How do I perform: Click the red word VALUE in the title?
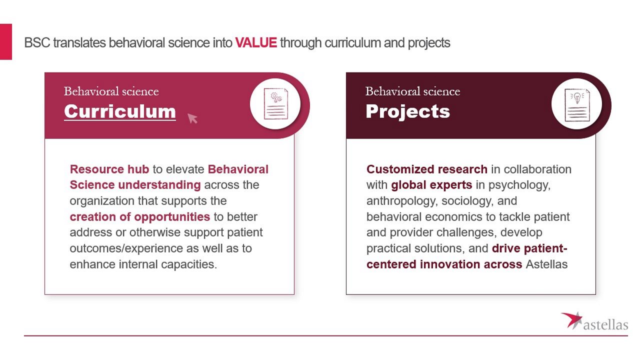tap(256, 43)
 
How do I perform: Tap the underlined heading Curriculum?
tap(119, 111)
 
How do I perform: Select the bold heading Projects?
tap(407, 111)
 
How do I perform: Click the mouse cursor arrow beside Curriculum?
tap(192, 118)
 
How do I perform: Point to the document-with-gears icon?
tap(275, 103)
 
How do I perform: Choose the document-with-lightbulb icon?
tap(577, 105)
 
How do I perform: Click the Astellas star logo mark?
tap(572, 320)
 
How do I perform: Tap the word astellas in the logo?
tap(605, 325)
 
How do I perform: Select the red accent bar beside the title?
tap(5, 41)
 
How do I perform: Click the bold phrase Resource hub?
tap(109, 169)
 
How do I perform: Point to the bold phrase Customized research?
tap(427, 169)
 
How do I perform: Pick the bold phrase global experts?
tap(431, 185)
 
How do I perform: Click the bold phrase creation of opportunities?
tap(140, 217)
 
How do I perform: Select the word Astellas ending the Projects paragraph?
tap(546, 264)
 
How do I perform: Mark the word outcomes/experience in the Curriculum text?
tap(126, 248)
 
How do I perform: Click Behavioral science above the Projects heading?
tap(412, 91)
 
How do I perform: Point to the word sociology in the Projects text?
tap(467, 201)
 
